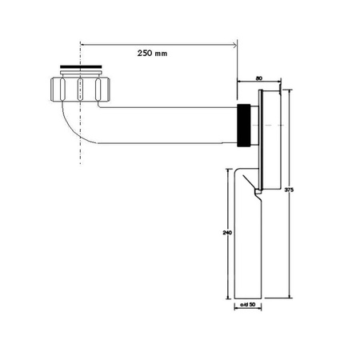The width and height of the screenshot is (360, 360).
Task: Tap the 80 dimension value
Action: [259, 78]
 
